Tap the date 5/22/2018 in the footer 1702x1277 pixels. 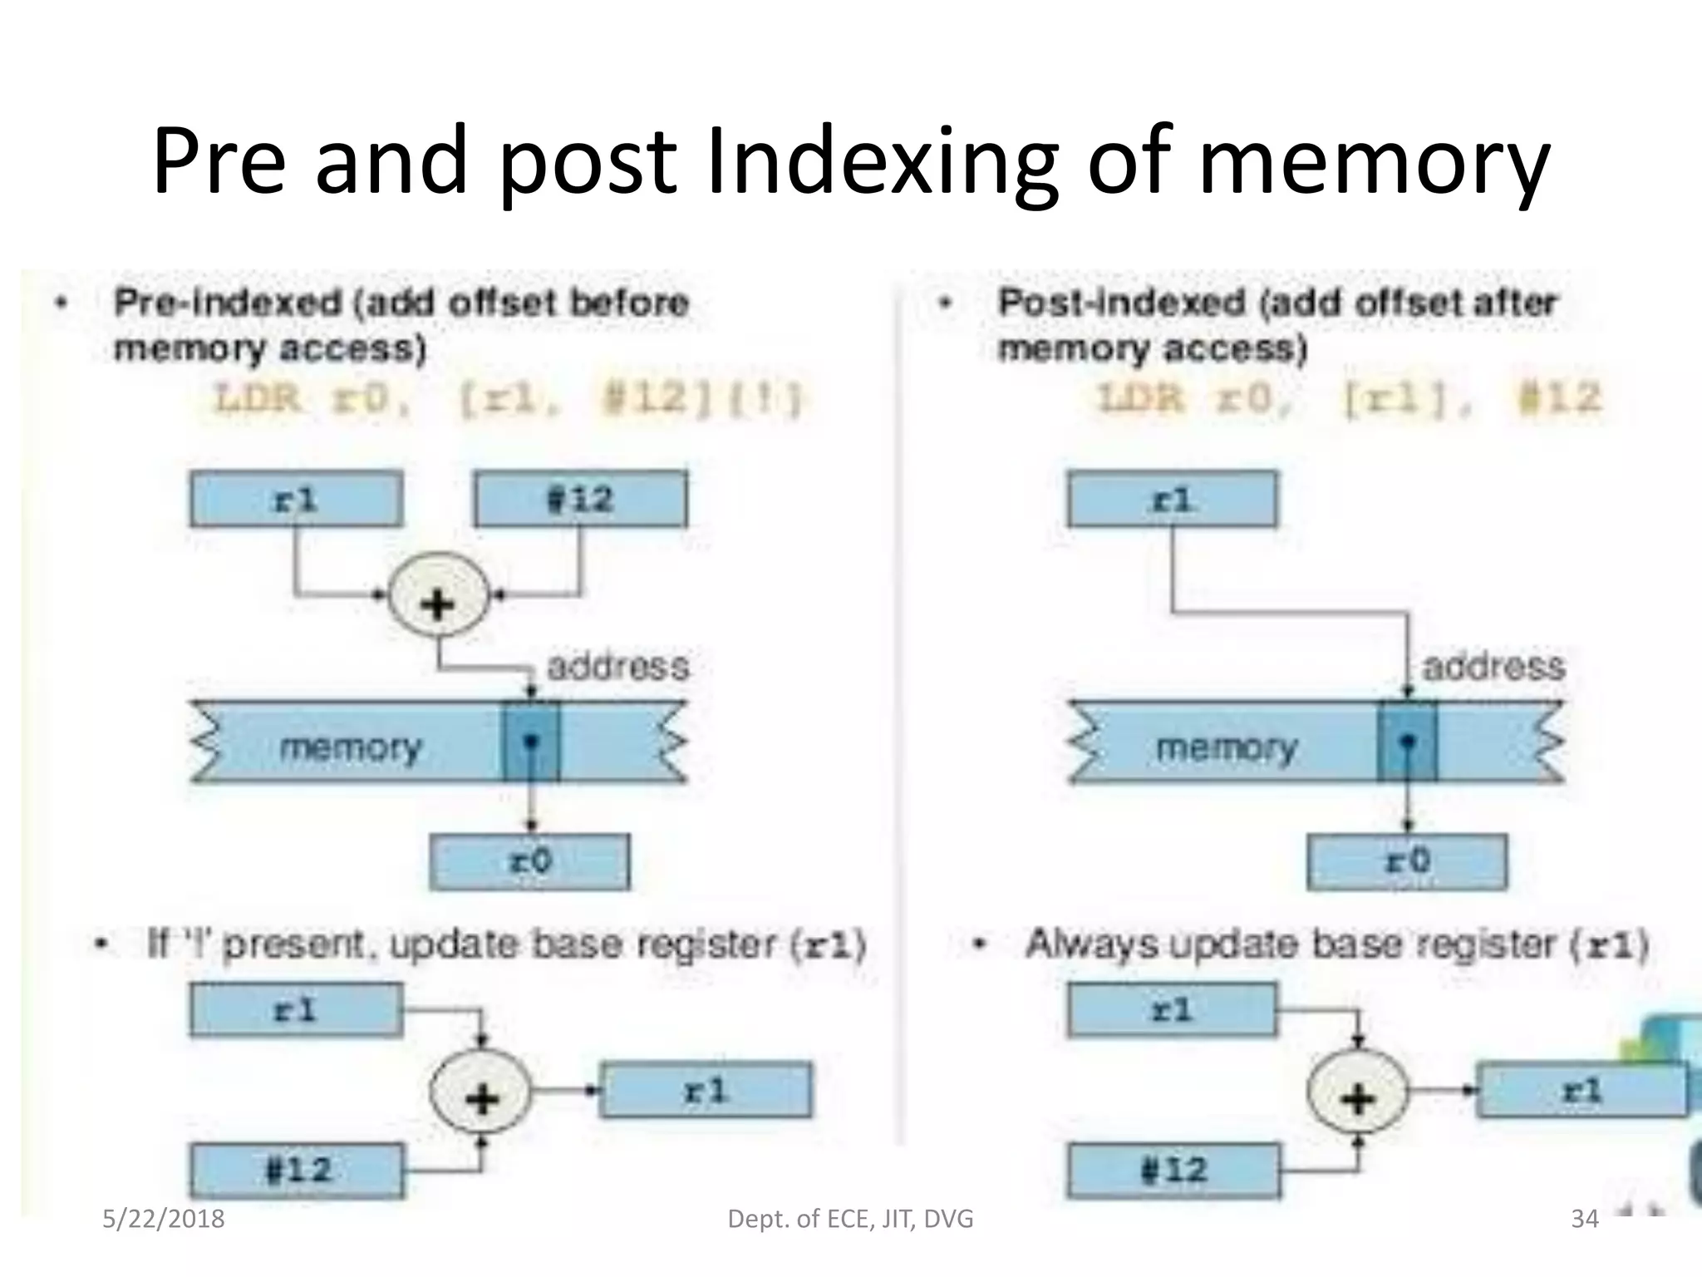pos(163,1219)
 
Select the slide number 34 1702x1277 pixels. pos(1584,1219)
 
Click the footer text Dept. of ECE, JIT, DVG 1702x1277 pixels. pos(849,1219)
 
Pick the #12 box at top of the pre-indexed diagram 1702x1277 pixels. pos(580,499)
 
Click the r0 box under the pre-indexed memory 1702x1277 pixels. pos(529,861)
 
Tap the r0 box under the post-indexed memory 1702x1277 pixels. pos(1406,861)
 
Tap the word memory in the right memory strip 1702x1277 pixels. pos(1227,747)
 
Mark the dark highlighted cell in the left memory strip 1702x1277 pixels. pos(531,742)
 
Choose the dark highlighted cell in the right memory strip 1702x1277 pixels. pos(1407,742)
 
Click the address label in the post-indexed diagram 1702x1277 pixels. pos(1493,667)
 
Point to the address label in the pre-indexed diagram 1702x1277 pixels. pos(618,667)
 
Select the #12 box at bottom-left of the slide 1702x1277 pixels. pos(297,1170)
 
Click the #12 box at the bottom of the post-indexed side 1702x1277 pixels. pos(1173,1170)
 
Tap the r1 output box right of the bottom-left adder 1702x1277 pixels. pos(706,1089)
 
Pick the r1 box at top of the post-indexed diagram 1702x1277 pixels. pos(1172,499)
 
